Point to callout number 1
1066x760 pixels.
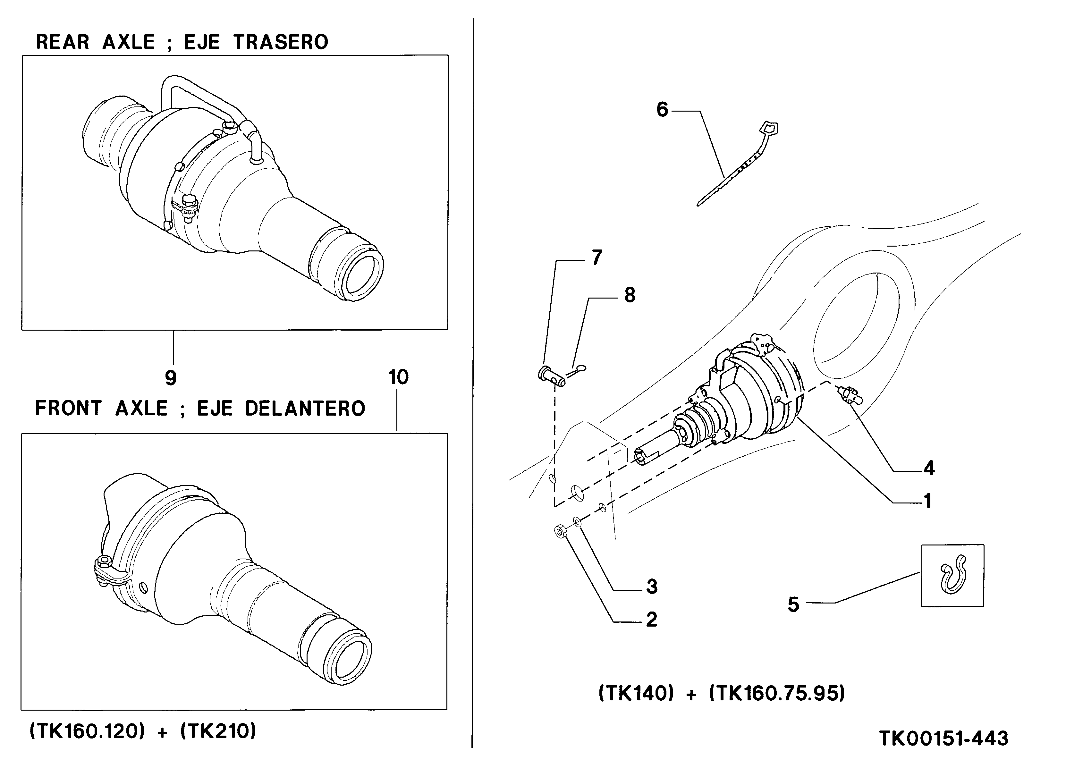927,502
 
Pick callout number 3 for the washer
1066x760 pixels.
651,587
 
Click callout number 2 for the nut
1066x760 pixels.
651,620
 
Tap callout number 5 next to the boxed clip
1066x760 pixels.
793,604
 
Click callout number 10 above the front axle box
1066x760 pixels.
398,377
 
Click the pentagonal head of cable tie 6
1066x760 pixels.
769,127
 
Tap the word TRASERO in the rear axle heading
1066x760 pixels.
281,42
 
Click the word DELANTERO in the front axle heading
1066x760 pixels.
305,409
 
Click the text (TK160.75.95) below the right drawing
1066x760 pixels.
777,694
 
